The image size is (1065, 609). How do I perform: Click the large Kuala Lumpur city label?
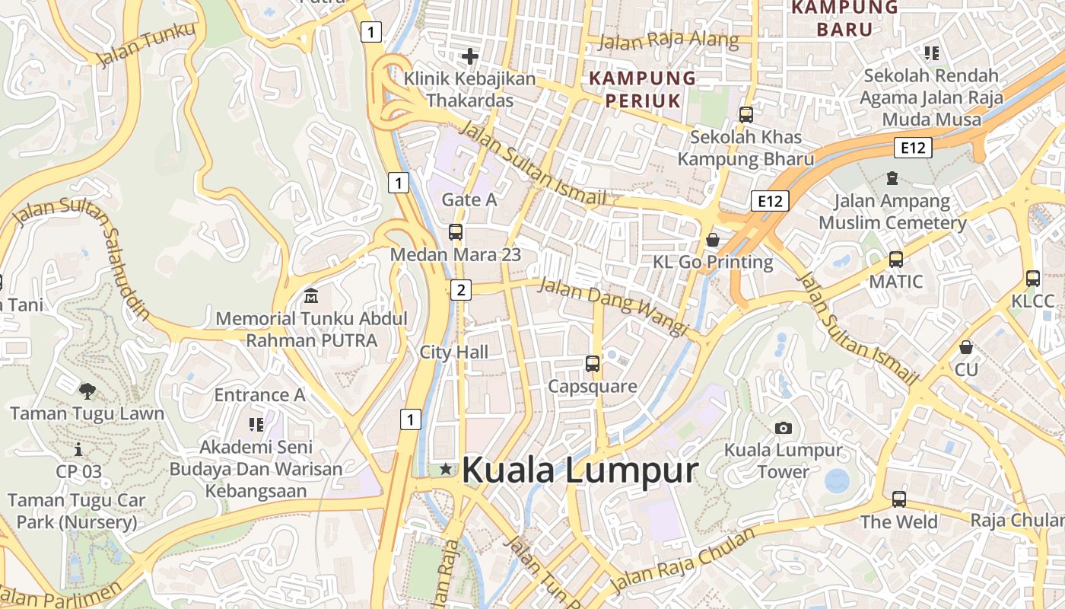(x=580, y=470)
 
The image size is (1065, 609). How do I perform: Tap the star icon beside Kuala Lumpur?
(x=446, y=470)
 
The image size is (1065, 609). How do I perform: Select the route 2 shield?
(x=460, y=289)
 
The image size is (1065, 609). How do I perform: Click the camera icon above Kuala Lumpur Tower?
(x=783, y=428)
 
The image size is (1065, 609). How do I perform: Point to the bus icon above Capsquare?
(x=593, y=364)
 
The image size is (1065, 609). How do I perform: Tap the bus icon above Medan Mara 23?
(x=456, y=233)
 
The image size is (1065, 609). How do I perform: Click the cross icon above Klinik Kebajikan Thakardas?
(x=470, y=56)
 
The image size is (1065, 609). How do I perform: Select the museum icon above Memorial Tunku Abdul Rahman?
(x=311, y=295)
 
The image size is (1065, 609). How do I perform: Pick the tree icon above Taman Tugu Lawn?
(x=87, y=391)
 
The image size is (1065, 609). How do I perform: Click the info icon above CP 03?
(x=78, y=450)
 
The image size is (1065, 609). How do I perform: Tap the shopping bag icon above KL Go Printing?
(x=713, y=240)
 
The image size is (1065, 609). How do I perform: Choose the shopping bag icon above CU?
(x=966, y=347)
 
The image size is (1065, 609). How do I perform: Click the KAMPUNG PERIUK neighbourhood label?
(x=643, y=88)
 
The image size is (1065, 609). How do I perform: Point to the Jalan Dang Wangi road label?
(x=612, y=306)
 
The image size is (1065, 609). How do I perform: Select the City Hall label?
(x=454, y=352)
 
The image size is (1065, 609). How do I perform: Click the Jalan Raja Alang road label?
(x=669, y=40)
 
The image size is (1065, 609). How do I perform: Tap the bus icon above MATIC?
(x=896, y=260)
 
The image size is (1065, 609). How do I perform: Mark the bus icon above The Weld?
(x=899, y=499)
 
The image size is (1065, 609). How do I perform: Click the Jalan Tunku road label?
(x=147, y=45)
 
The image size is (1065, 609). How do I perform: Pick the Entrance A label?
(x=259, y=395)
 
